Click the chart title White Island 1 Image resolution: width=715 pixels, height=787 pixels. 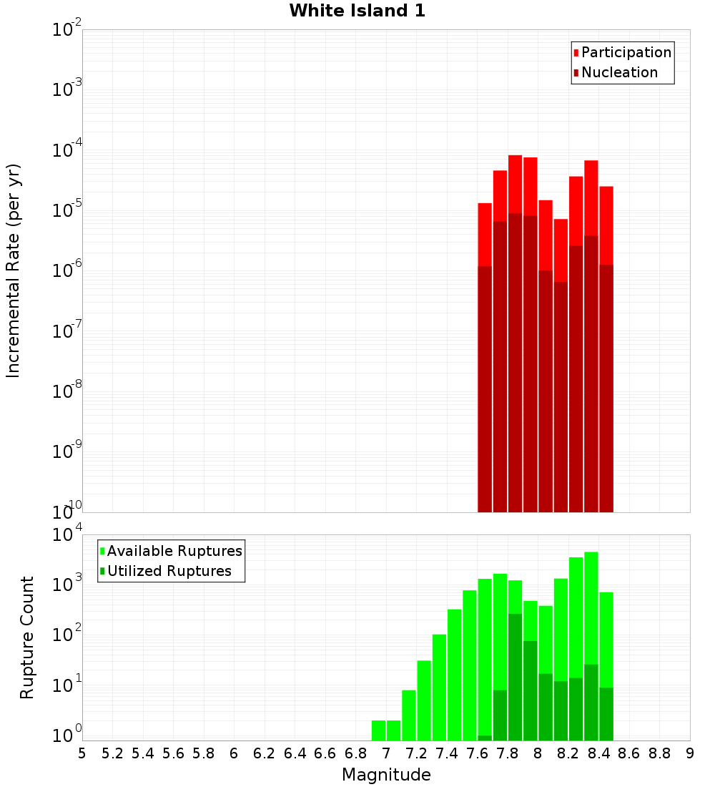pyautogui.click(x=357, y=11)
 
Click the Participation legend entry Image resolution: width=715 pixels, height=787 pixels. pyautogui.click(x=626, y=52)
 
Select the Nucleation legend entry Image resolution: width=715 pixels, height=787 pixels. pyautogui.click(x=618, y=72)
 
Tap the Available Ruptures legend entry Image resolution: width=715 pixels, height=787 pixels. pyautogui.click(x=174, y=551)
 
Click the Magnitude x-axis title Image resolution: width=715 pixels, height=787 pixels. pyautogui.click(x=386, y=775)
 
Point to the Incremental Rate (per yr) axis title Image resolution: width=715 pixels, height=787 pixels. pyautogui.click(x=14, y=270)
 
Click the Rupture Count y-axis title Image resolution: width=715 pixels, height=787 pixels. pyautogui.click(x=27, y=637)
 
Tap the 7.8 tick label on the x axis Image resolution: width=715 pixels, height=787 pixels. pyautogui.click(x=508, y=753)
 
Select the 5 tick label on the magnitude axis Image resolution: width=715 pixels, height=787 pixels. pyautogui.click(x=82, y=753)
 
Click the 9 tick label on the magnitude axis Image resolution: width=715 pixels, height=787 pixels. pyautogui.click(x=690, y=753)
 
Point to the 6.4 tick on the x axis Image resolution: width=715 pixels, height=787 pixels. pyautogui.click(x=295, y=753)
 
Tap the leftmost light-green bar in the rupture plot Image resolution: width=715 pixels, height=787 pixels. pyautogui.click(x=378, y=730)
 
